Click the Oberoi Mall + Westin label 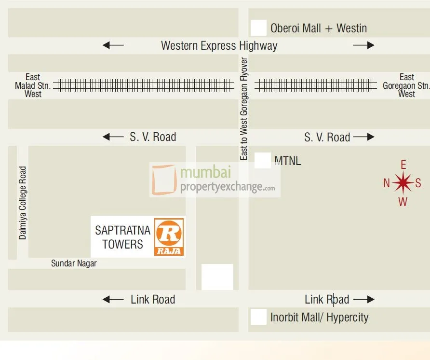click(x=318, y=28)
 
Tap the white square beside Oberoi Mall click(x=258, y=28)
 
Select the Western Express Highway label click(x=219, y=46)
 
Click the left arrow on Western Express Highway click(x=113, y=45)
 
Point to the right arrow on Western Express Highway click(x=363, y=45)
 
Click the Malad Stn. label click(x=33, y=85)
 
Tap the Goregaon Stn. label click(x=406, y=85)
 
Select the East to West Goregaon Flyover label click(x=244, y=109)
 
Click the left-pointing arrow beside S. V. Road click(x=113, y=137)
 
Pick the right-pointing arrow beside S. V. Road click(x=363, y=137)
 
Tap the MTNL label click(x=287, y=161)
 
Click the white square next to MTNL click(x=262, y=160)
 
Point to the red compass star click(x=403, y=183)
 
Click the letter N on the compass click(x=387, y=183)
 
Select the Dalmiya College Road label click(x=23, y=203)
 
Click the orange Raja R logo click(x=169, y=236)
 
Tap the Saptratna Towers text click(x=122, y=237)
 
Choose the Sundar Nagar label click(x=74, y=263)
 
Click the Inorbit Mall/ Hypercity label click(x=319, y=318)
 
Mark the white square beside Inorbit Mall click(x=258, y=317)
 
